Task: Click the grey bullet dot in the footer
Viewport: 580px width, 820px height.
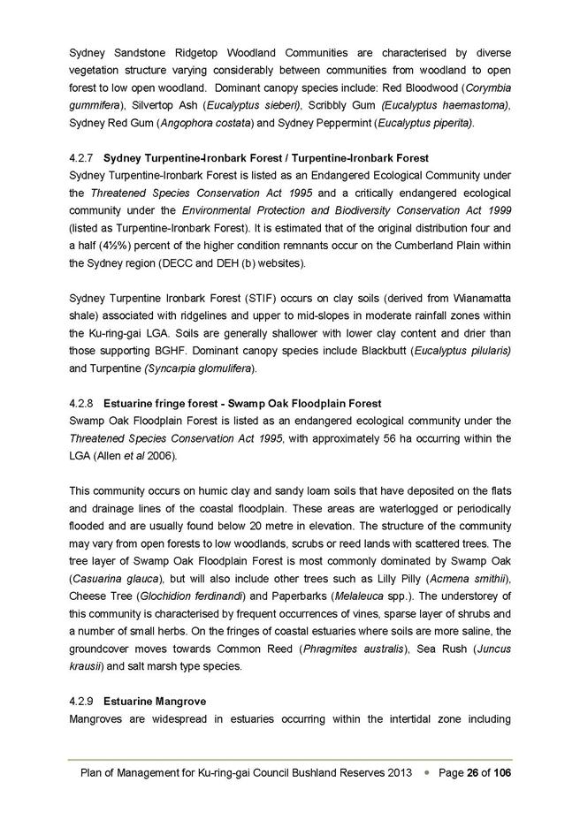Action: point(426,772)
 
